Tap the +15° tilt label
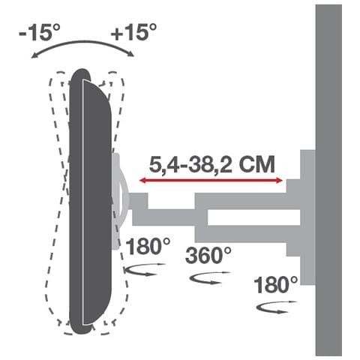(x=133, y=32)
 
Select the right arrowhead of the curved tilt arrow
(x=131, y=53)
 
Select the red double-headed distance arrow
(x=209, y=181)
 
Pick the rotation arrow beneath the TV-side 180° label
(x=142, y=271)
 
